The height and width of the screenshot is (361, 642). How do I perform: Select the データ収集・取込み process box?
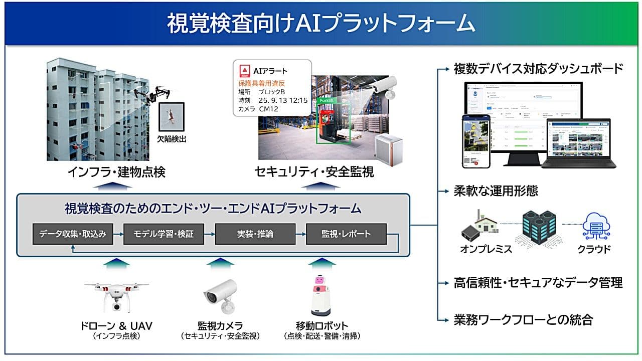point(73,234)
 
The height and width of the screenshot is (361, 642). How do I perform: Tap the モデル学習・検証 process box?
point(164,234)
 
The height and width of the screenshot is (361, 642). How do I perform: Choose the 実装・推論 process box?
point(255,234)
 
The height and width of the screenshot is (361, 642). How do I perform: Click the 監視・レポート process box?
point(346,234)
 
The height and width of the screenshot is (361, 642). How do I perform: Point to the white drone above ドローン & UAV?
point(116,296)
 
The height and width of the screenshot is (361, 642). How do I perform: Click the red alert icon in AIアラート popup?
point(244,71)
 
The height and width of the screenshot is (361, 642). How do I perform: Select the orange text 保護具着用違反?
point(261,83)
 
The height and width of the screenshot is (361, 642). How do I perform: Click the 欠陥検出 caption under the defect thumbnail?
point(172,139)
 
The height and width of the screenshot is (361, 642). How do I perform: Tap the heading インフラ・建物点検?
point(116,172)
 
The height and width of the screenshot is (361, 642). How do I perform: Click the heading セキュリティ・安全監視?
point(314,172)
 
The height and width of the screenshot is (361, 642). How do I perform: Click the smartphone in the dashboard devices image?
point(475,141)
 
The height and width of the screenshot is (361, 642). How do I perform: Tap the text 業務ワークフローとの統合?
point(523,319)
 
